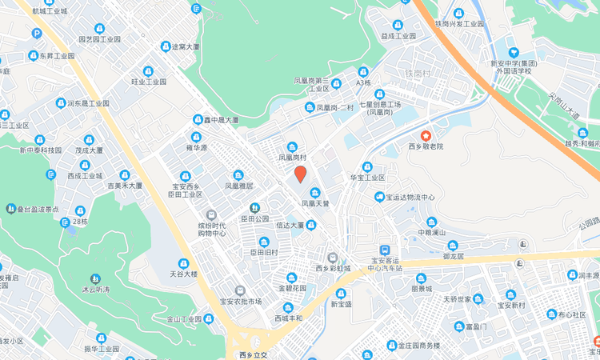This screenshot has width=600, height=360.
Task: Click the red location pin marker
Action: pos(301,174)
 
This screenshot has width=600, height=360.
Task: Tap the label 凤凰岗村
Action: pos(293,158)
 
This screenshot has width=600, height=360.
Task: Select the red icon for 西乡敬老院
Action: pos(426,135)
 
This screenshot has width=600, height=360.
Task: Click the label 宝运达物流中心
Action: pos(410,197)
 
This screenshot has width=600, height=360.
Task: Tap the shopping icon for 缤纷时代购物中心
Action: pos(211,214)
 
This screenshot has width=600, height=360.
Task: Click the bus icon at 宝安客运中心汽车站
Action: pos(385,250)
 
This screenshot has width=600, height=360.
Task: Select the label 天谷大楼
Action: pos(183,274)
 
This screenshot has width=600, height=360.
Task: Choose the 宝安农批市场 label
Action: pos(240,302)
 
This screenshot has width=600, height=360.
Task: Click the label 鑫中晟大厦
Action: pos(221,120)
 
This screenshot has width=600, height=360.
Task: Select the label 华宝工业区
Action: pos(368,178)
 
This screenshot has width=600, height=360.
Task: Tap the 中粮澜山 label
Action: pos(436,233)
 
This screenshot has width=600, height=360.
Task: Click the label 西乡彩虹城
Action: pos(333,269)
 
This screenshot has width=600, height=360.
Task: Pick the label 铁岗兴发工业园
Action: pos(460,24)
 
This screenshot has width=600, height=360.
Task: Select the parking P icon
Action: pos(37,34)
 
